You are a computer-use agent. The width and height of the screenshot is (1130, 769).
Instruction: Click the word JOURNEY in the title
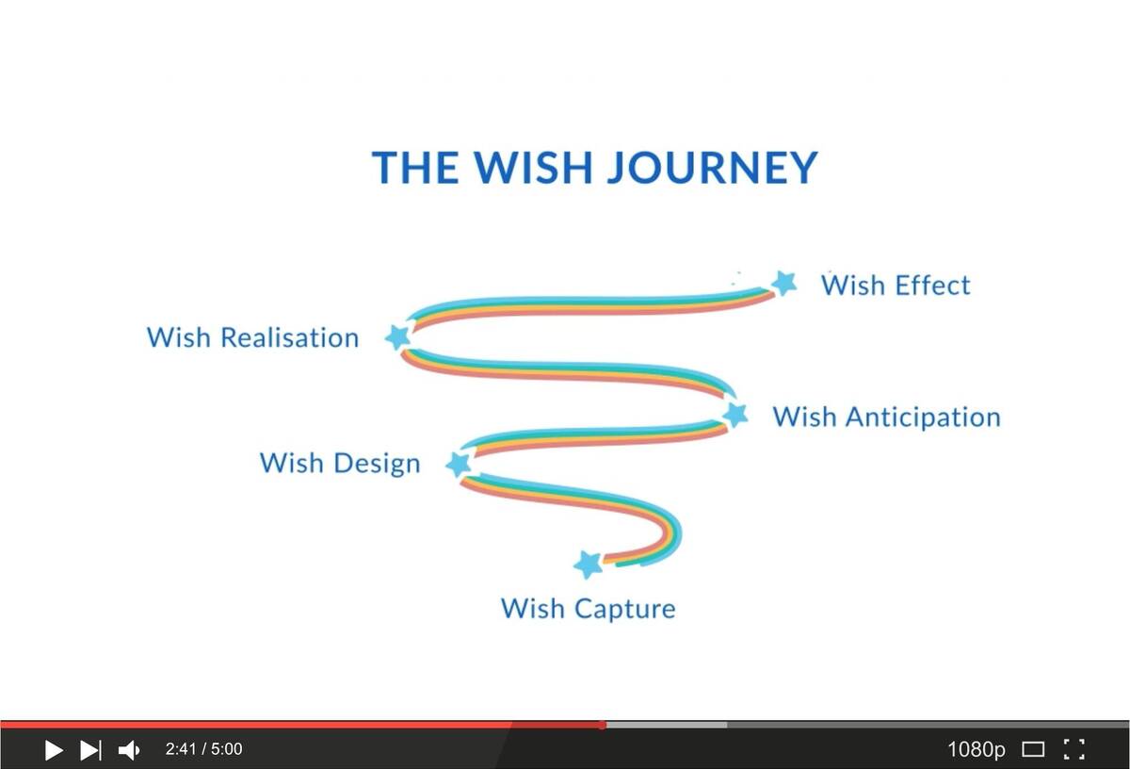712,168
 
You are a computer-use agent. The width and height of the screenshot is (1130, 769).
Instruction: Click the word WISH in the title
533,167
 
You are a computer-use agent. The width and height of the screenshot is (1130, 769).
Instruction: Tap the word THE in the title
415,167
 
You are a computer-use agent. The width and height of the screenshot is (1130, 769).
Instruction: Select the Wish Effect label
896,285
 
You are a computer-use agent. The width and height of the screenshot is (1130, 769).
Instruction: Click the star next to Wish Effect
784,283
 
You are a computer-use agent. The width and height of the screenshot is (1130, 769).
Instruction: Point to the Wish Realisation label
252,337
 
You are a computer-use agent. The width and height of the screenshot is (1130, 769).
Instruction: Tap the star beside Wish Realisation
398,336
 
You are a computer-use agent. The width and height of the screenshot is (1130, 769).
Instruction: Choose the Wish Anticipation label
887,417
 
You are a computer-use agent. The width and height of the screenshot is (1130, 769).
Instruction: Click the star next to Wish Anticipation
735,414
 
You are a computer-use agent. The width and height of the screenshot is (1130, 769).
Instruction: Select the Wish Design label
340,464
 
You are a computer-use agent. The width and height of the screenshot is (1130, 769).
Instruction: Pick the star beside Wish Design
459,464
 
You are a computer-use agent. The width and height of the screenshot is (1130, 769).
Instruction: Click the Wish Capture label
589,609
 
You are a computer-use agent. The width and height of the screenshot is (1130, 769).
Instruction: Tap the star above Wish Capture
589,564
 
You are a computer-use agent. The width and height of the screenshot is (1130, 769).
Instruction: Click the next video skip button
90,750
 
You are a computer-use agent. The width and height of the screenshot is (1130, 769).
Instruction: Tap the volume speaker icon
129,750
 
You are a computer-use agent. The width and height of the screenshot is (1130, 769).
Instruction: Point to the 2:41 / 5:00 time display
203,749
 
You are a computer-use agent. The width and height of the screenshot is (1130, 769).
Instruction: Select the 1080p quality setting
977,749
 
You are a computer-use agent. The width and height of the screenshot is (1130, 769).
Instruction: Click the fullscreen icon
1074,749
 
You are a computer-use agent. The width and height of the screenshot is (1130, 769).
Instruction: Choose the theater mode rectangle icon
1033,750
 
